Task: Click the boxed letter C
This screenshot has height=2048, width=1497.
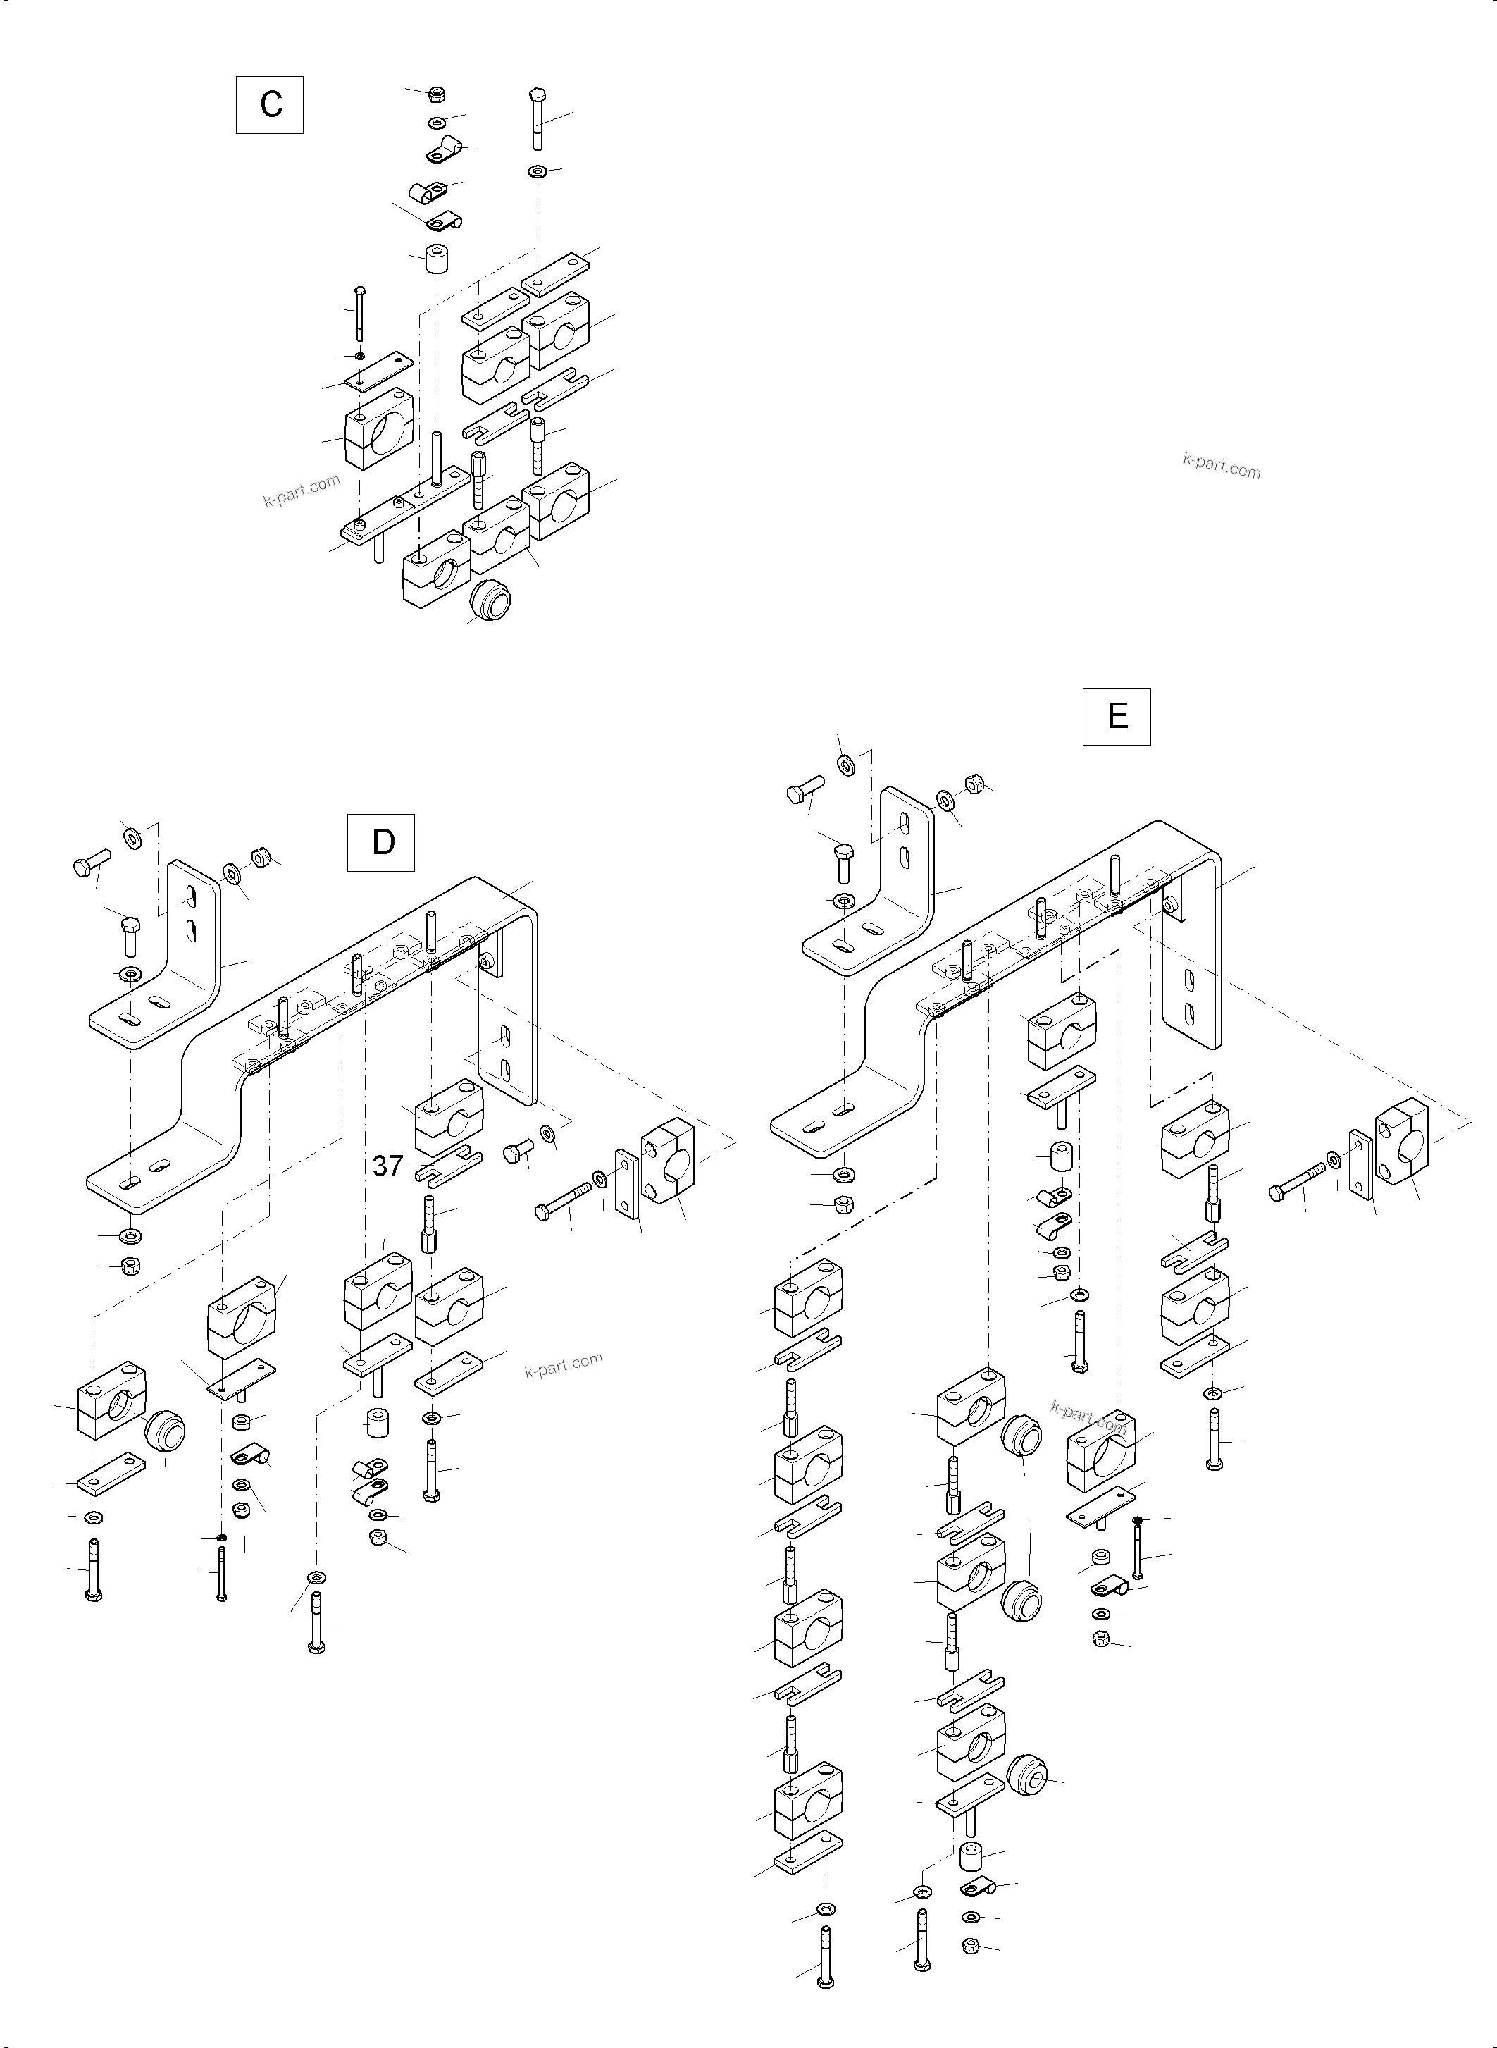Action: point(270,105)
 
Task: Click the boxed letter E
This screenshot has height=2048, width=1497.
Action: point(1117,716)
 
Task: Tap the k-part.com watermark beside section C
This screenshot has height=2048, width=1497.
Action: point(302,491)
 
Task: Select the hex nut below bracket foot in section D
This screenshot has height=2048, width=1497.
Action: point(130,1266)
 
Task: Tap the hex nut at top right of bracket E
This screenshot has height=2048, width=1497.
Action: point(975,782)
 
